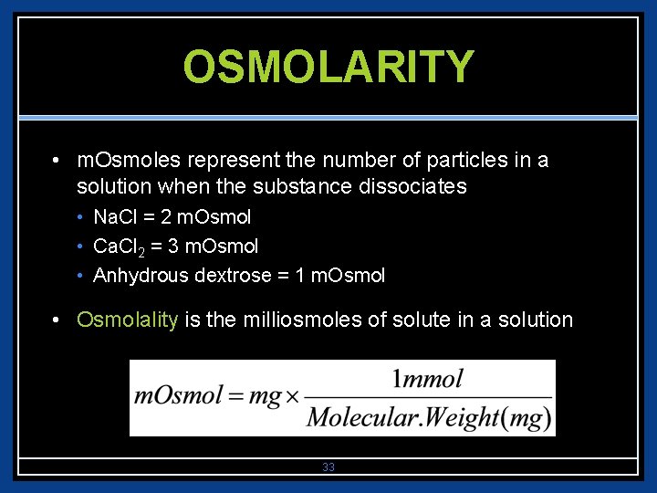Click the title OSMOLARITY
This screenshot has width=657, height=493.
coord(328,67)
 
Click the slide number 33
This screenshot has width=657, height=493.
coord(328,467)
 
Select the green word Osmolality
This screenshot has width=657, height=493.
coord(128,320)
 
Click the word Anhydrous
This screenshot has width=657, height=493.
coord(141,276)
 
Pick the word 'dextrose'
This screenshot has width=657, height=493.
coord(228,276)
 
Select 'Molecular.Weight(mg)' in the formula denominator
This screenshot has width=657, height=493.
coord(429,417)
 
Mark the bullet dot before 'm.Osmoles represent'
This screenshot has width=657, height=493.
coord(57,162)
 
